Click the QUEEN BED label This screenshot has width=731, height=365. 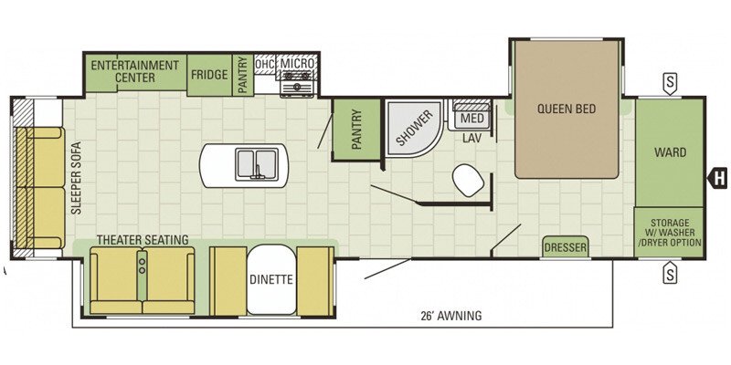point(567,109)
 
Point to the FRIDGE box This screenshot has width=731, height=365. point(209,75)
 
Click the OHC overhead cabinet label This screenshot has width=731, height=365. point(265,65)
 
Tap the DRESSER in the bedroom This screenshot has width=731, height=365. point(566,246)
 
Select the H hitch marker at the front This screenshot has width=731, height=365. point(718,177)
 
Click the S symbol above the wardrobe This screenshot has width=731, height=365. point(670,84)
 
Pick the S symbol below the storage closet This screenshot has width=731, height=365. point(670,273)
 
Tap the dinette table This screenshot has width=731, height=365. point(271,279)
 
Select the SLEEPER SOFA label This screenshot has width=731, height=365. point(77,178)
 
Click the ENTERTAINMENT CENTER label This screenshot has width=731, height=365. point(134,71)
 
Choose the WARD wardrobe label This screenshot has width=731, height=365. point(670,152)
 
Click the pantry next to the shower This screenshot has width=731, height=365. point(356,130)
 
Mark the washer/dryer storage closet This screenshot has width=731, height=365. point(669,233)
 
